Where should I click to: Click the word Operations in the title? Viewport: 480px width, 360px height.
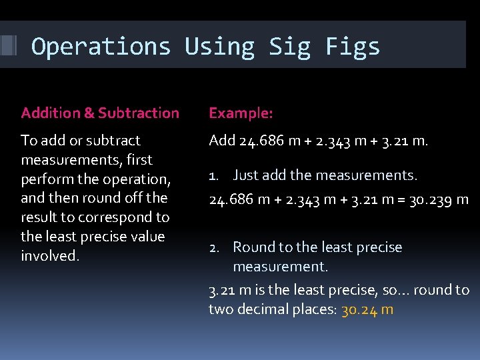(101, 47)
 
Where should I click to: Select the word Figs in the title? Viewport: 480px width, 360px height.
(353, 47)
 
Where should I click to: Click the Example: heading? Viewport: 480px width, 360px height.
(241, 113)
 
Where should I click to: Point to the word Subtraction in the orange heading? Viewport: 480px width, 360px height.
(139, 113)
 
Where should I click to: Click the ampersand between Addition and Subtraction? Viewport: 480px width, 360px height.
(89, 113)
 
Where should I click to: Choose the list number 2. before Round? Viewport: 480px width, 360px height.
(214, 247)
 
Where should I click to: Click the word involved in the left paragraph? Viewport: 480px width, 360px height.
(50, 256)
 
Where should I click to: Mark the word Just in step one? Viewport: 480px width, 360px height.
(245, 175)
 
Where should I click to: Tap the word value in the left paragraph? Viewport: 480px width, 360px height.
(147, 237)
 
